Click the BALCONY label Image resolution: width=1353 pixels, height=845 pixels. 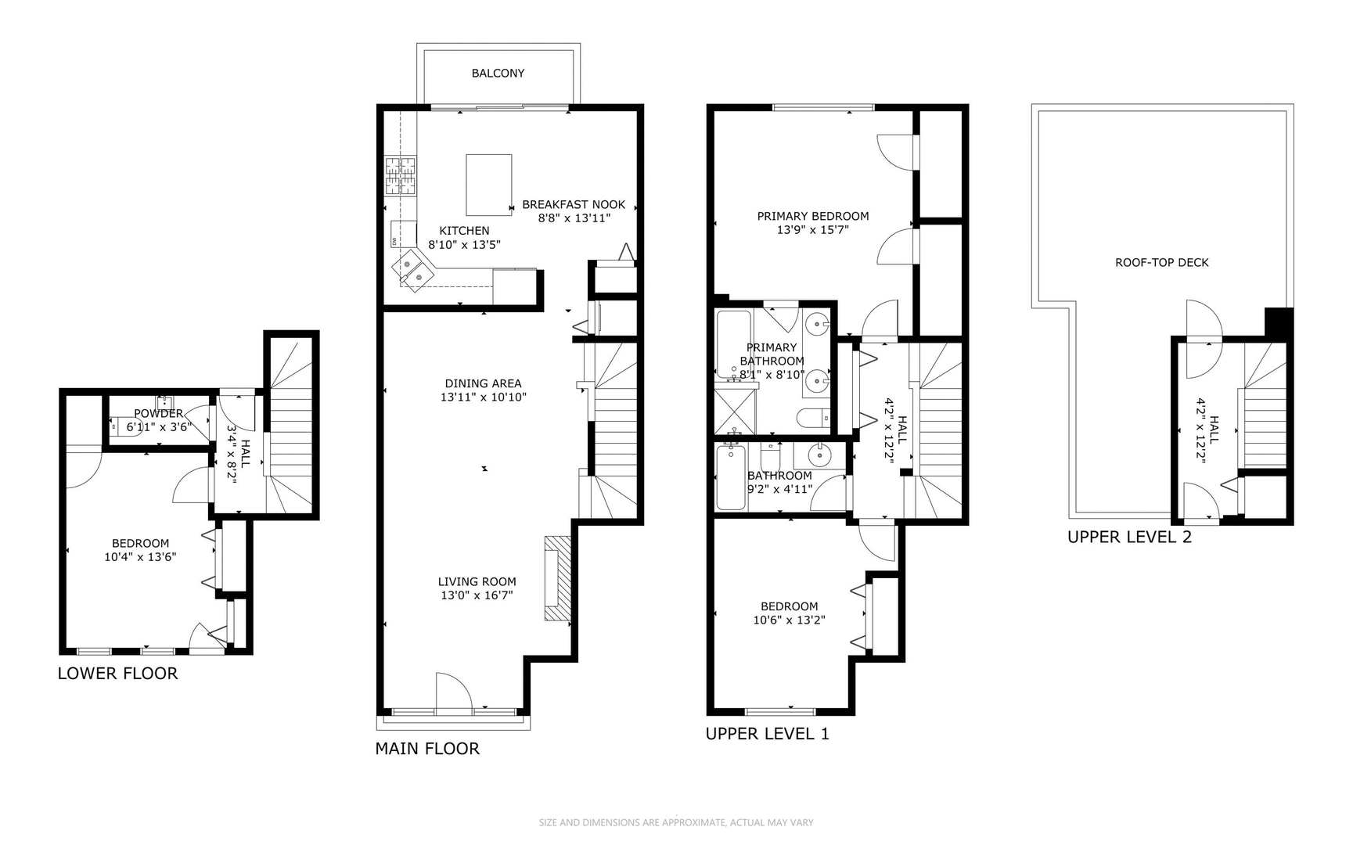click(x=498, y=73)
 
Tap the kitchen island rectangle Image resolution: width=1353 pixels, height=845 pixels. click(x=488, y=185)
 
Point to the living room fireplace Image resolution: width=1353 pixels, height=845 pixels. click(x=557, y=579)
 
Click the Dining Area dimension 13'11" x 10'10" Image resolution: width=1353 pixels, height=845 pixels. click(x=483, y=397)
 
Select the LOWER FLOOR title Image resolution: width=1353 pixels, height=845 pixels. click(x=117, y=674)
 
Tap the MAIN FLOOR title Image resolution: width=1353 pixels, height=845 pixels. click(x=426, y=749)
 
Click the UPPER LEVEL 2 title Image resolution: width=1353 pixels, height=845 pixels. click(x=1129, y=538)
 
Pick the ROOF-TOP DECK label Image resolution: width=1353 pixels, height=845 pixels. click(x=1161, y=263)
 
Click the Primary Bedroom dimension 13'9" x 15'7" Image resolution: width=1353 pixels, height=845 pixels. click(x=812, y=230)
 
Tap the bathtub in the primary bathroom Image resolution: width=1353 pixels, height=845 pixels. click(x=733, y=344)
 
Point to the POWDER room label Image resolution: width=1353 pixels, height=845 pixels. click(x=158, y=413)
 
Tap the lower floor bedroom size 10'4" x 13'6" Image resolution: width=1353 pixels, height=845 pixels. click(x=140, y=557)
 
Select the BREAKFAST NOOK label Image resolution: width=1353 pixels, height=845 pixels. click(x=574, y=205)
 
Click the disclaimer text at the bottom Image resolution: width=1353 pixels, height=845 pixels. click(x=676, y=822)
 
